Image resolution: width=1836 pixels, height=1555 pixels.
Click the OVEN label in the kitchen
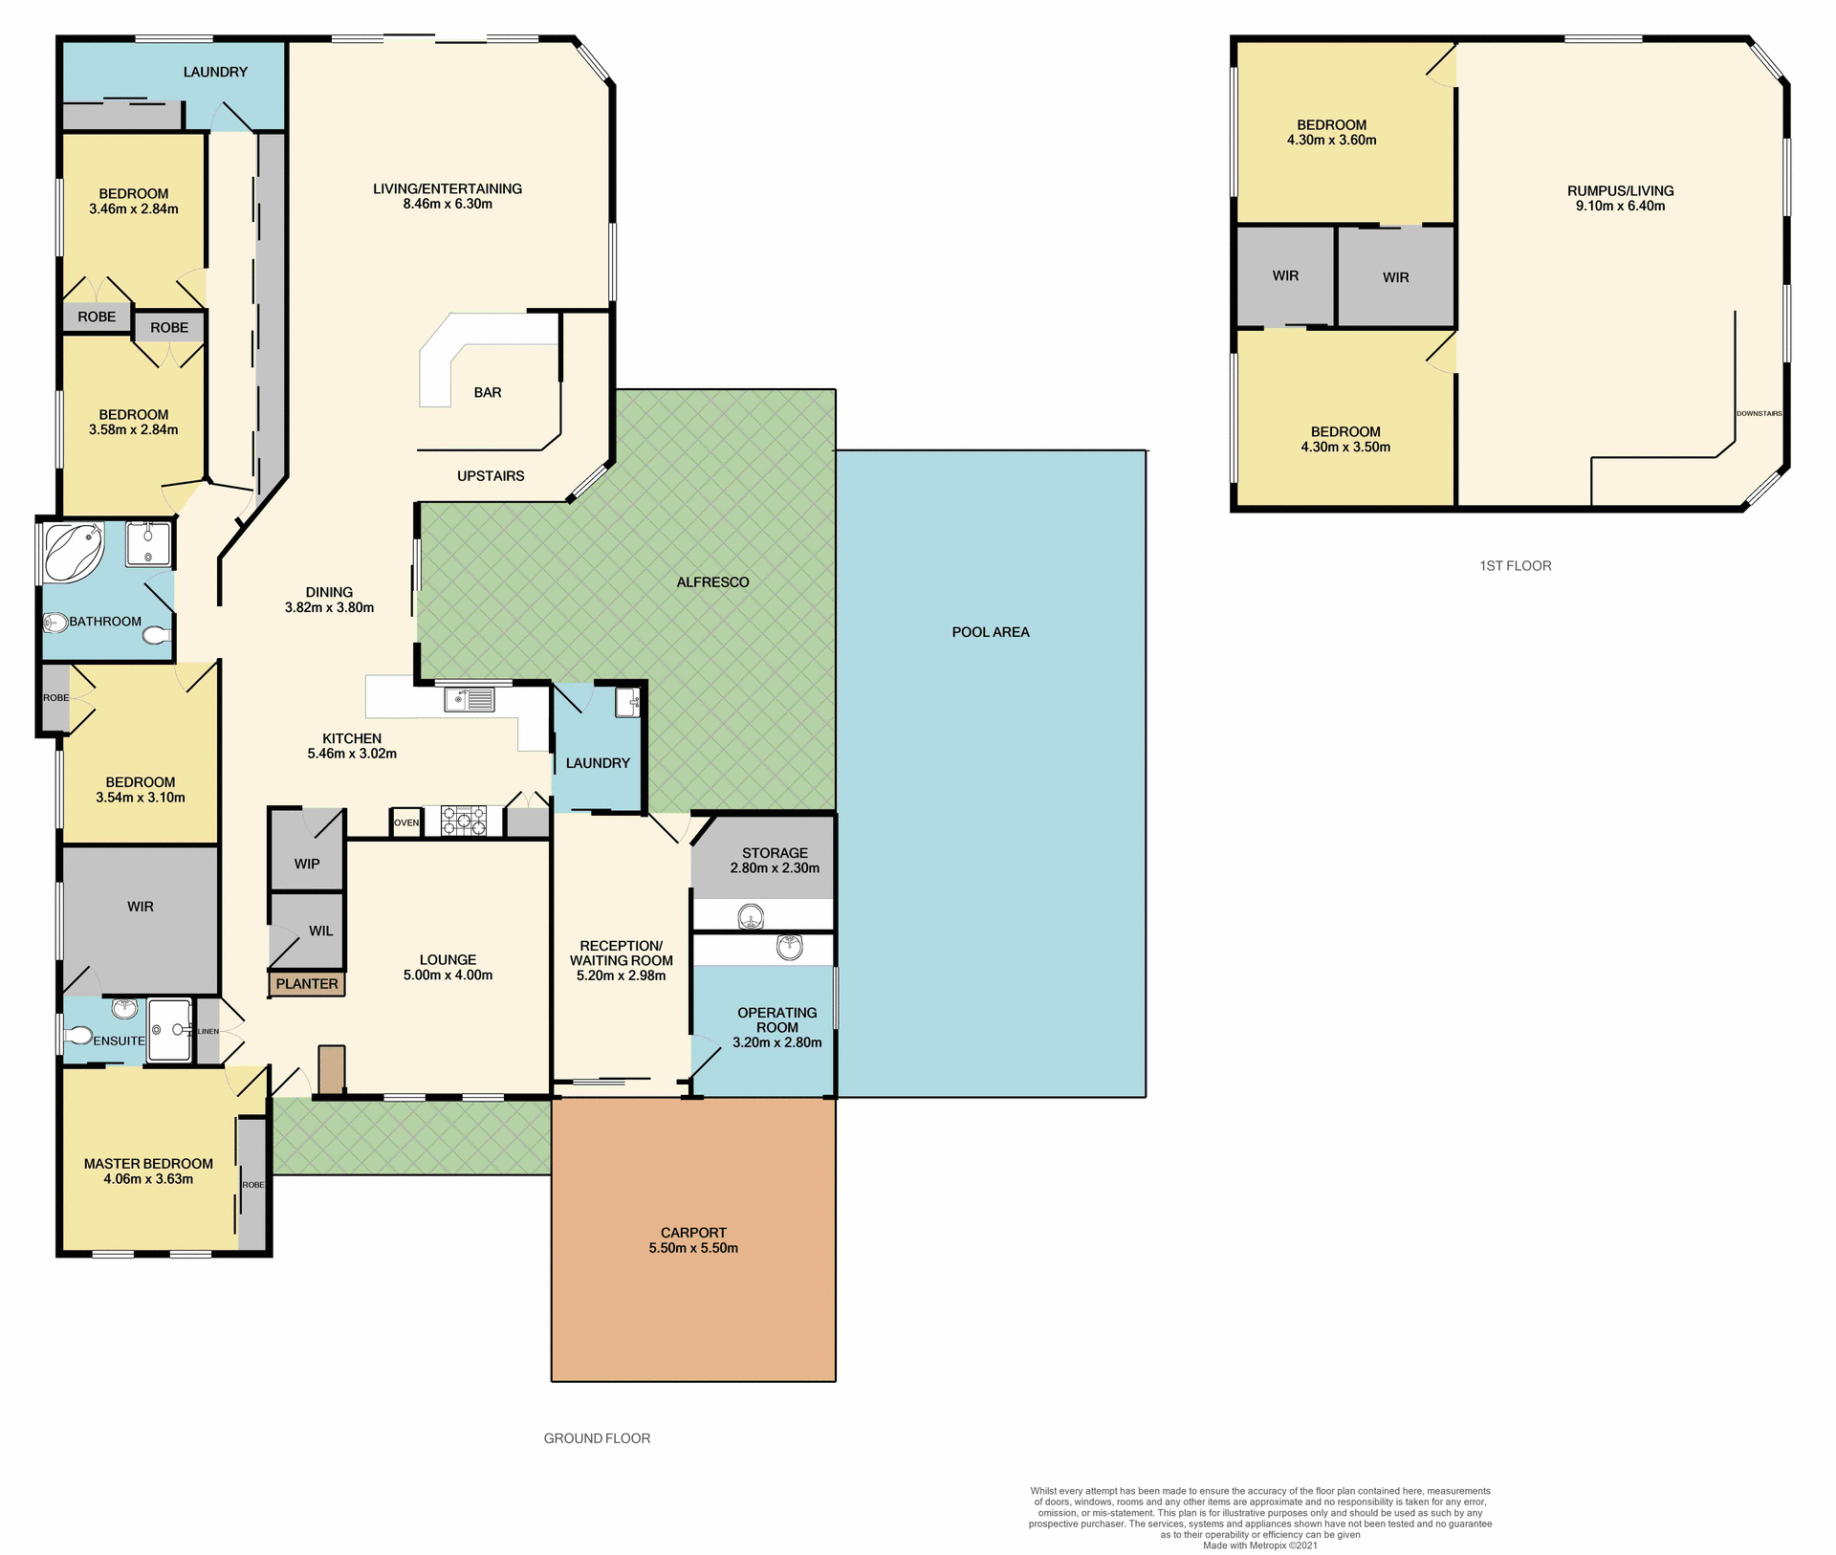point(406,822)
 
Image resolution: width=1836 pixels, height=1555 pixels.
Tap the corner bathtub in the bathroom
point(73,552)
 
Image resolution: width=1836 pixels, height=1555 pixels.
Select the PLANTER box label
point(307,983)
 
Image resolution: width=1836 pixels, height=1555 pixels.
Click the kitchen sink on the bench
point(470,700)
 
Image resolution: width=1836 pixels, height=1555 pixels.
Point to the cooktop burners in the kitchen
point(464,821)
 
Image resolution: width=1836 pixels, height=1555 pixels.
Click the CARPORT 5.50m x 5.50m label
point(693,1240)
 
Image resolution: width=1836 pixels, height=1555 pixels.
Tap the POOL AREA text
point(991,632)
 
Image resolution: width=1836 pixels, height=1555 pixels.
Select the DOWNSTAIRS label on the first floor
point(1759,413)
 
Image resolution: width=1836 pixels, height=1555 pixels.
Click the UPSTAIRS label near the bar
point(491,475)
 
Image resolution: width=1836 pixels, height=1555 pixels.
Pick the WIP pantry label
point(307,864)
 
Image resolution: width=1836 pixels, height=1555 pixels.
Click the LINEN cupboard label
point(208,1031)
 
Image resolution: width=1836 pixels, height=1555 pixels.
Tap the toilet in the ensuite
point(79,1036)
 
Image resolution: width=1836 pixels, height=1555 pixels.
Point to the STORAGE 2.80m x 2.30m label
point(775,860)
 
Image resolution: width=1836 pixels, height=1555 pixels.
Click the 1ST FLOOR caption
point(1515,565)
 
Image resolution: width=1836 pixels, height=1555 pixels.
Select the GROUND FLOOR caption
point(597,1438)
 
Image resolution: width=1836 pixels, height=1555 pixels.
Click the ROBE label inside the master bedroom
point(253,1184)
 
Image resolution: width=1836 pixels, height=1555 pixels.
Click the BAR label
point(488,392)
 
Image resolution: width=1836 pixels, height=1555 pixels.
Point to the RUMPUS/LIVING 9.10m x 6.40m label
point(1620,198)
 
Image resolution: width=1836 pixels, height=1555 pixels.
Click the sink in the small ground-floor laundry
point(627,702)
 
